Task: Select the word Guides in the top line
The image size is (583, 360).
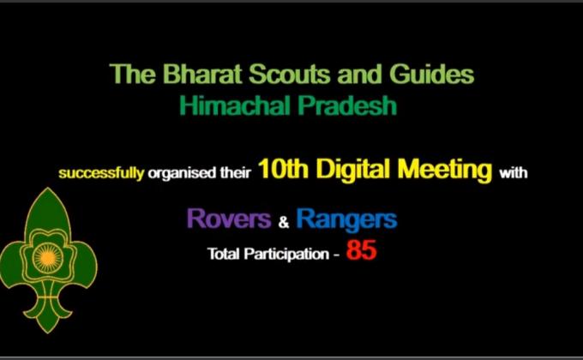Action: [x=432, y=75]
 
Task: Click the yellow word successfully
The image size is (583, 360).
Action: [x=101, y=173]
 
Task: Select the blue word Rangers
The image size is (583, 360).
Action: [x=346, y=220]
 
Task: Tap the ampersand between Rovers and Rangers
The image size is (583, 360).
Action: [x=284, y=223]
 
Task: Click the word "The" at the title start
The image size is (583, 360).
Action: [x=127, y=75]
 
